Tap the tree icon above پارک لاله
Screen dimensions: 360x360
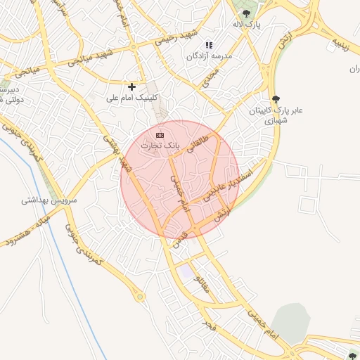point(246,13)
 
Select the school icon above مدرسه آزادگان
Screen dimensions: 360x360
point(208,45)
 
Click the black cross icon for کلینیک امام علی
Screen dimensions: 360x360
point(131,86)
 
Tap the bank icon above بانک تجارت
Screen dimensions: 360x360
point(160,134)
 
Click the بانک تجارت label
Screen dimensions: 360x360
point(161,146)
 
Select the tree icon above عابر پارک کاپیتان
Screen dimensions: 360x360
point(275,99)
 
